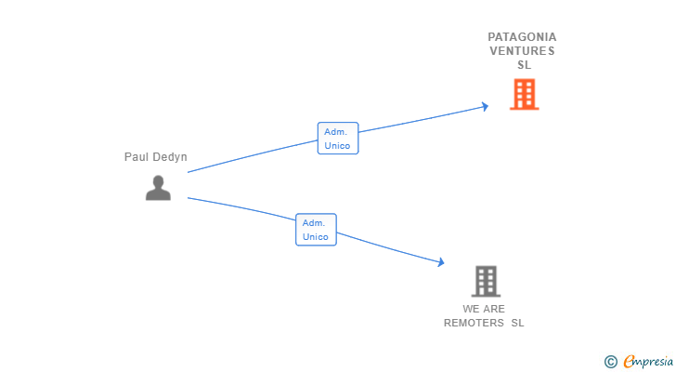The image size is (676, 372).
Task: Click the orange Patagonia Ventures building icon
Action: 524,94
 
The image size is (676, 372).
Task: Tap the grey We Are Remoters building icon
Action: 486,281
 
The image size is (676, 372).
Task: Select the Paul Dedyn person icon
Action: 158,188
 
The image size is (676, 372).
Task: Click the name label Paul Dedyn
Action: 156,157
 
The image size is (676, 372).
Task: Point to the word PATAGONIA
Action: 522,37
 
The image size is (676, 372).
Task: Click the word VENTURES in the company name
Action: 522,51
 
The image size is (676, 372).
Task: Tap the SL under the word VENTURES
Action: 524,65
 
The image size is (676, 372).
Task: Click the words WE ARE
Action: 484,309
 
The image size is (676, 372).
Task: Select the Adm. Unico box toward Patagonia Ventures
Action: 337,139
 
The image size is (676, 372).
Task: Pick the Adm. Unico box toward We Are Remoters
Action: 316,230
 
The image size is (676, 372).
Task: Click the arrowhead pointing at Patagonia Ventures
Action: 484,107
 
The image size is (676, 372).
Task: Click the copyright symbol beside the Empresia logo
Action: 610,362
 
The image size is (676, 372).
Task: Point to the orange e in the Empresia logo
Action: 629,362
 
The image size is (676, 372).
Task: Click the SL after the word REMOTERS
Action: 517,323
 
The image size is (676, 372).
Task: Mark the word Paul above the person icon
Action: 136,157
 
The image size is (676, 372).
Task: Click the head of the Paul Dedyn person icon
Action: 158,181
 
